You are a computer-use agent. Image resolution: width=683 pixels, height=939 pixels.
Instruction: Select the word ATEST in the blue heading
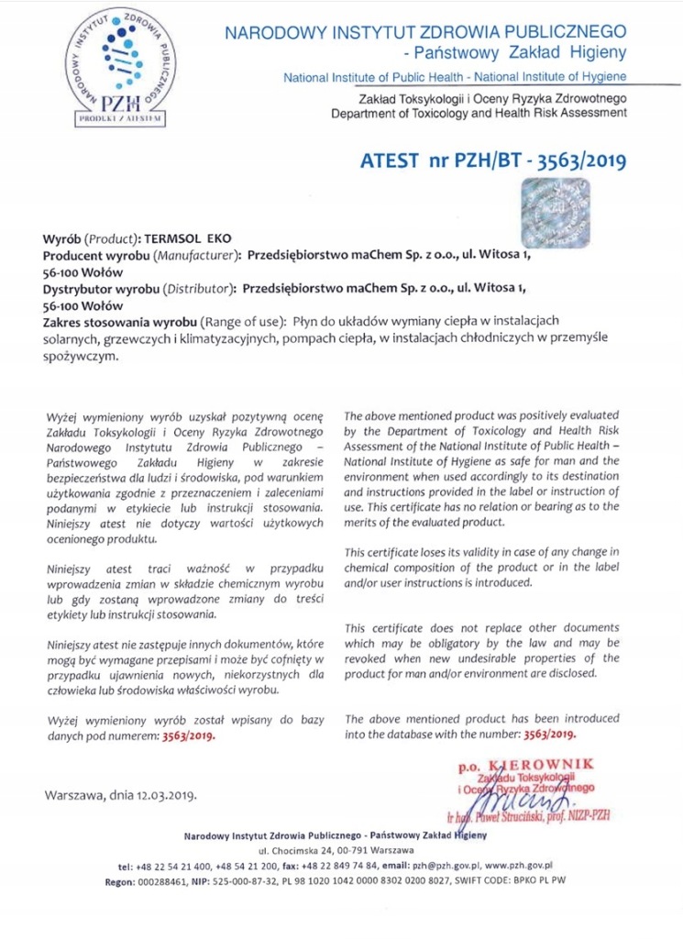point(391,162)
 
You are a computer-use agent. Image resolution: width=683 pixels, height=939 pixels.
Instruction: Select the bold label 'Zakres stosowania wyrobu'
point(119,323)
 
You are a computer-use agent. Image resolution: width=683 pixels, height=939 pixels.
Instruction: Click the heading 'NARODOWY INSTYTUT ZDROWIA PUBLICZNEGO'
point(426,34)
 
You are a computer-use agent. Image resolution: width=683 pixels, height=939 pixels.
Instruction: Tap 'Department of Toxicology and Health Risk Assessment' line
point(479,113)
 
